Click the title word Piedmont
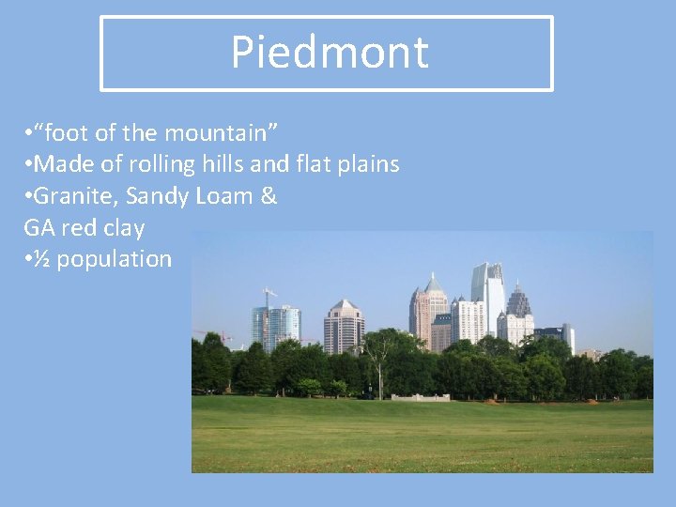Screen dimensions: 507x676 (330, 53)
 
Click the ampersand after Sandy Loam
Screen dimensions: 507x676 (269, 196)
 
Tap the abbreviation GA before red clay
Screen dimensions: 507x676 (38, 227)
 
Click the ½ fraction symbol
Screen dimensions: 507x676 (42, 259)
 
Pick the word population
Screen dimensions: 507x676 (114, 259)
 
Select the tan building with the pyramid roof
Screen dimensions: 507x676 (344, 327)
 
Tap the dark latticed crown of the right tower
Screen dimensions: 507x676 (517, 301)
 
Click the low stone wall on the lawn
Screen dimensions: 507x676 (420, 397)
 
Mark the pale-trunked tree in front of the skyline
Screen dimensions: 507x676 (380, 361)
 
